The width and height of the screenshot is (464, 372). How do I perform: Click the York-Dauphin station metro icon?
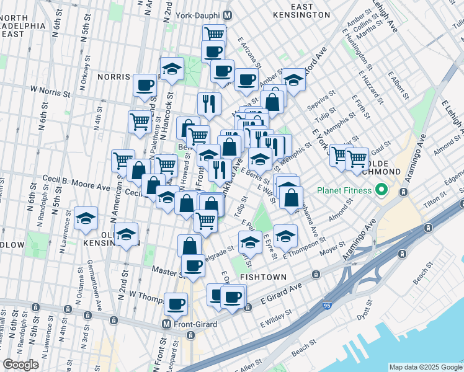228,14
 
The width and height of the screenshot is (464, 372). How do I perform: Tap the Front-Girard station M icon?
166,324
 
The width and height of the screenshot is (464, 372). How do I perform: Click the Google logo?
20,365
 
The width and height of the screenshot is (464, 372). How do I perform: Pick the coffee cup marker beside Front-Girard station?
176,304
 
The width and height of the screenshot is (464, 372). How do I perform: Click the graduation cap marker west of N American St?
86,218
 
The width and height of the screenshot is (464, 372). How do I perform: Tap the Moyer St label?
332,252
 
